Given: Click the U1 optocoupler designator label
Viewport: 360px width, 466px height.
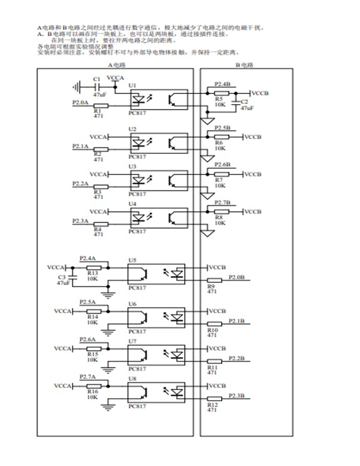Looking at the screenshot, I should coord(132,85).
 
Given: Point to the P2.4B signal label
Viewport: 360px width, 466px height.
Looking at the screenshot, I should coord(222,83).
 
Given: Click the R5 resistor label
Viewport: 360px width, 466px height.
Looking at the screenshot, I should coord(218,99).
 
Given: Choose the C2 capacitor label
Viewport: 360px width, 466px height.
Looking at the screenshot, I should coord(244,102).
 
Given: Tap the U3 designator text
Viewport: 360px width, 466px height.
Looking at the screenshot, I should coord(132,167).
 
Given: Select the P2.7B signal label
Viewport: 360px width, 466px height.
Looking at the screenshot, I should coord(222,202).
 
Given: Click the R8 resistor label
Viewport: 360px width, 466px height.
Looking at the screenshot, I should coord(218,217).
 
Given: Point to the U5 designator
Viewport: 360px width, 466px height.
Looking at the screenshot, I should coord(132,260).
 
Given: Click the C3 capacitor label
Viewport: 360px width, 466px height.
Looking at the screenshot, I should coord(62,277).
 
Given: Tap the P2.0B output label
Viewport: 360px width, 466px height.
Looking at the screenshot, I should coord(236,277).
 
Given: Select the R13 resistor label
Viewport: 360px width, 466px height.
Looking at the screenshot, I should coord(92,273).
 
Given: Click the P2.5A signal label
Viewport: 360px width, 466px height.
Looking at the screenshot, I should coord(87,302).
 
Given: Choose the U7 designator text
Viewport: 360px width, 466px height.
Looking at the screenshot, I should coord(132,341).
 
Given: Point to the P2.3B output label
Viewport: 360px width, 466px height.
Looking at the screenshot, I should coord(236,395).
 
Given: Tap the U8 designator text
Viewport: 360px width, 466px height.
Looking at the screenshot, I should coord(132,379).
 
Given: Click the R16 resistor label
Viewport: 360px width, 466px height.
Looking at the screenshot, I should coord(92,392).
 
